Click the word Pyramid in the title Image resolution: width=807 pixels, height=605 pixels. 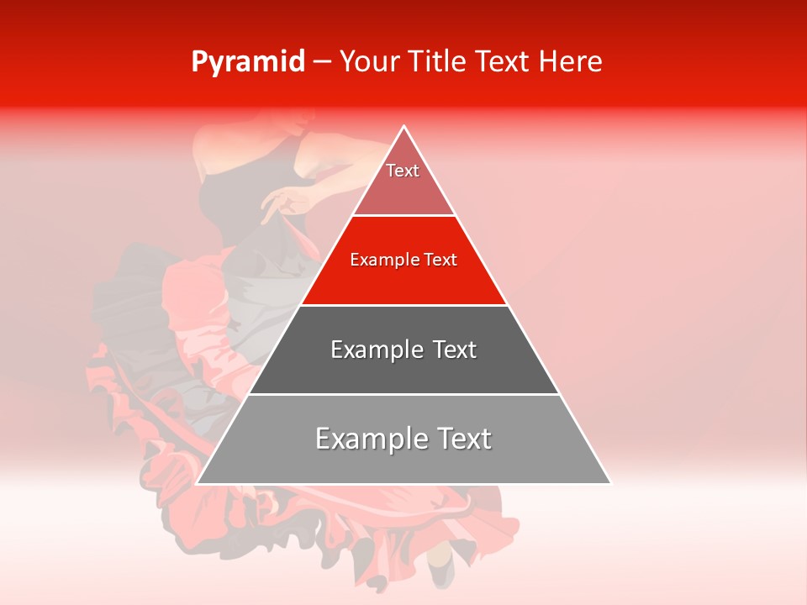click(247, 62)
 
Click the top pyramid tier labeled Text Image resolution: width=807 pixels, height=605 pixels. click(403, 181)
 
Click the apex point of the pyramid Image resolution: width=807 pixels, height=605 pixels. click(403, 127)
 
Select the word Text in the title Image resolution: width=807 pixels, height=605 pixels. click(503, 62)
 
